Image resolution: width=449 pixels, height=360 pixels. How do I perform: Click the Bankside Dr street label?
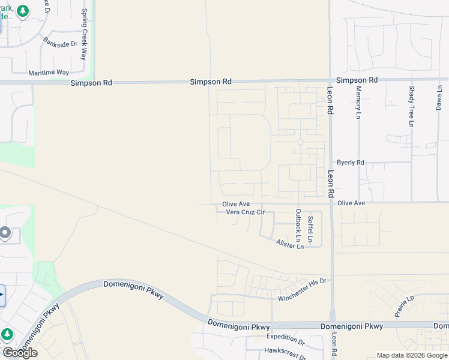coord(61,43)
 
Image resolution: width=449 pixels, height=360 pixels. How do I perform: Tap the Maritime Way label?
coord(49,73)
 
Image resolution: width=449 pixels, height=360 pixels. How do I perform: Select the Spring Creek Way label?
coord(85,34)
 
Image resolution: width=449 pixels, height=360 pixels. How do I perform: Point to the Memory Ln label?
coord(358,101)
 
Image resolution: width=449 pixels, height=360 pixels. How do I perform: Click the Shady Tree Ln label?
coord(411,106)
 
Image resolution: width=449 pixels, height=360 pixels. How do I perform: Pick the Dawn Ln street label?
coord(439,96)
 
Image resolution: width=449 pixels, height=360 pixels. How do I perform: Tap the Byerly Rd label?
coord(351,163)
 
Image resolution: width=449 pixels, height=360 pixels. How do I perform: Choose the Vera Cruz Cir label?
coord(245,212)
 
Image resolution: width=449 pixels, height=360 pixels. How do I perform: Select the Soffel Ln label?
coord(310,229)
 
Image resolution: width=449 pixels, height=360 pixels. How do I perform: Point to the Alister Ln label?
coord(290,244)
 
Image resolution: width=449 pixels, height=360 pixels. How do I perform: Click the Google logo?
coord(19,353)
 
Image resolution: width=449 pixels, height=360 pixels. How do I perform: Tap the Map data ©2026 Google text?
coord(412,355)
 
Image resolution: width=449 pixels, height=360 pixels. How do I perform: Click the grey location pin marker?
coord(5,233)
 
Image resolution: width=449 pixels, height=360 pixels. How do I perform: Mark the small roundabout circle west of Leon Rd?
coord(300,142)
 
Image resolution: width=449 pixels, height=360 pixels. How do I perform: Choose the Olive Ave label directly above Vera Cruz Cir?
coord(236,204)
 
